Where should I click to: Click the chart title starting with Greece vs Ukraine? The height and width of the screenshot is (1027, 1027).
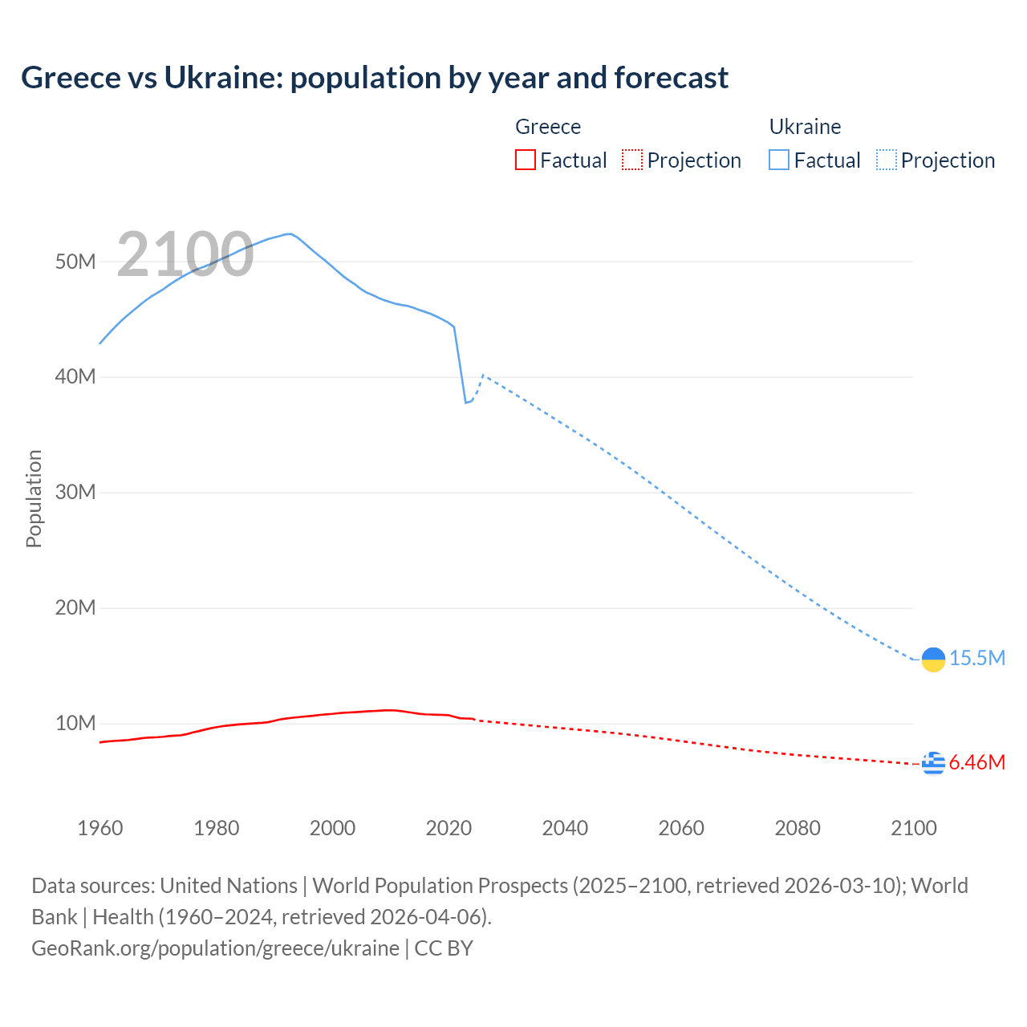coord(375,78)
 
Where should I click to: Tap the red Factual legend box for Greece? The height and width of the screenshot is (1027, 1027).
coord(525,160)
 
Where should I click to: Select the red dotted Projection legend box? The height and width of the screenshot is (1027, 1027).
coord(632,160)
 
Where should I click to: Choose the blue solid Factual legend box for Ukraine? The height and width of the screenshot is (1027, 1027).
coord(778,160)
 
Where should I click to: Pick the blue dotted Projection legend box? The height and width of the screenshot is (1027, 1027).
coord(886,160)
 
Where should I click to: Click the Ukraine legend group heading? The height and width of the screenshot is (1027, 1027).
coord(805,127)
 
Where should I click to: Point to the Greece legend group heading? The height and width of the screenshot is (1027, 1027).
coord(548,127)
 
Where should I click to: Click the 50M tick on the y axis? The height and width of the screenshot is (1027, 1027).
coord(75,262)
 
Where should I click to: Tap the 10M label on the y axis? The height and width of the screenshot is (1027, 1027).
coord(75,723)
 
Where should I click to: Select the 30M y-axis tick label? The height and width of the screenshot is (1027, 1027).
coord(75,492)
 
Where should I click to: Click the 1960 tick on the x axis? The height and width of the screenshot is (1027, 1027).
coord(100,828)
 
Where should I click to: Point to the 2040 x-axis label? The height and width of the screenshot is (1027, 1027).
coord(565,828)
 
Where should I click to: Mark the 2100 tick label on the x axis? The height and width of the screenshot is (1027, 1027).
coord(913,828)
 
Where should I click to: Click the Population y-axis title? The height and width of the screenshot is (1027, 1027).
coord(34,498)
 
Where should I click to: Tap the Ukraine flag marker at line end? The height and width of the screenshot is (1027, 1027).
coord(933,659)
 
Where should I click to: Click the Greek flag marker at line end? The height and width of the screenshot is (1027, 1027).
coord(933,763)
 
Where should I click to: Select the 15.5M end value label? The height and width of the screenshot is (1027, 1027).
coord(976,659)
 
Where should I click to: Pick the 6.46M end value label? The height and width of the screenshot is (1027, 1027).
coord(976,762)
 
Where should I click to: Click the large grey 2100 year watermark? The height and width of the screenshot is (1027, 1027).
coord(185,254)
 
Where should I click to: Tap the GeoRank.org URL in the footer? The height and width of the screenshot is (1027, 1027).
coord(215,948)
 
